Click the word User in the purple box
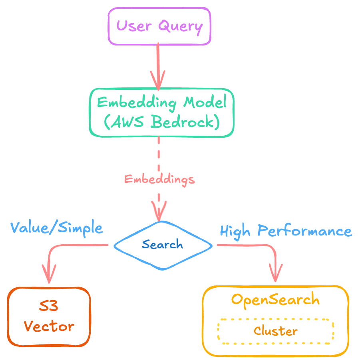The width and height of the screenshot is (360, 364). pos(134,26)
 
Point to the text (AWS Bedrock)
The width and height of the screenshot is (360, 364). pos(162,122)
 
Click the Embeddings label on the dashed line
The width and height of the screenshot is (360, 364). pos(159,179)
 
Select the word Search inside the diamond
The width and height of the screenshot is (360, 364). pos(162,245)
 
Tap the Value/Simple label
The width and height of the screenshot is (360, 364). pos(57,228)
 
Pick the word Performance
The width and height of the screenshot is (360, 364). pos(304,231)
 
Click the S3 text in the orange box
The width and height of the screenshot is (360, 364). pos(49,307)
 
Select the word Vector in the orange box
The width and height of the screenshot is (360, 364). pos(49,326)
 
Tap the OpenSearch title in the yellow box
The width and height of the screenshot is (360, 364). pos(276,299)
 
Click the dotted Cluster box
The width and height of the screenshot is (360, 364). pos(276,331)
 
